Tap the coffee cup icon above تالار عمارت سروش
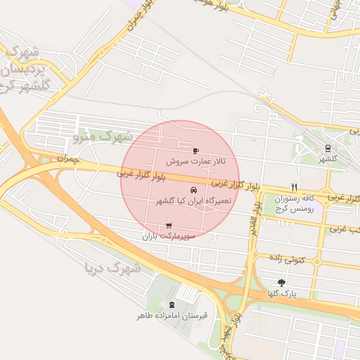(195, 150)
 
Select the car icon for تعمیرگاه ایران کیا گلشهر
(193, 191)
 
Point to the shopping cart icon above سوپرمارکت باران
(167, 225)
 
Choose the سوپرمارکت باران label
(169, 236)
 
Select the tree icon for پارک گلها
(282, 282)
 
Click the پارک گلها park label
(282, 293)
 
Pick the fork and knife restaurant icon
(294, 188)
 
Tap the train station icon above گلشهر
(328, 148)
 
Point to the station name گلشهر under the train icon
(328, 159)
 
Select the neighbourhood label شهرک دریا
(112, 267)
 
